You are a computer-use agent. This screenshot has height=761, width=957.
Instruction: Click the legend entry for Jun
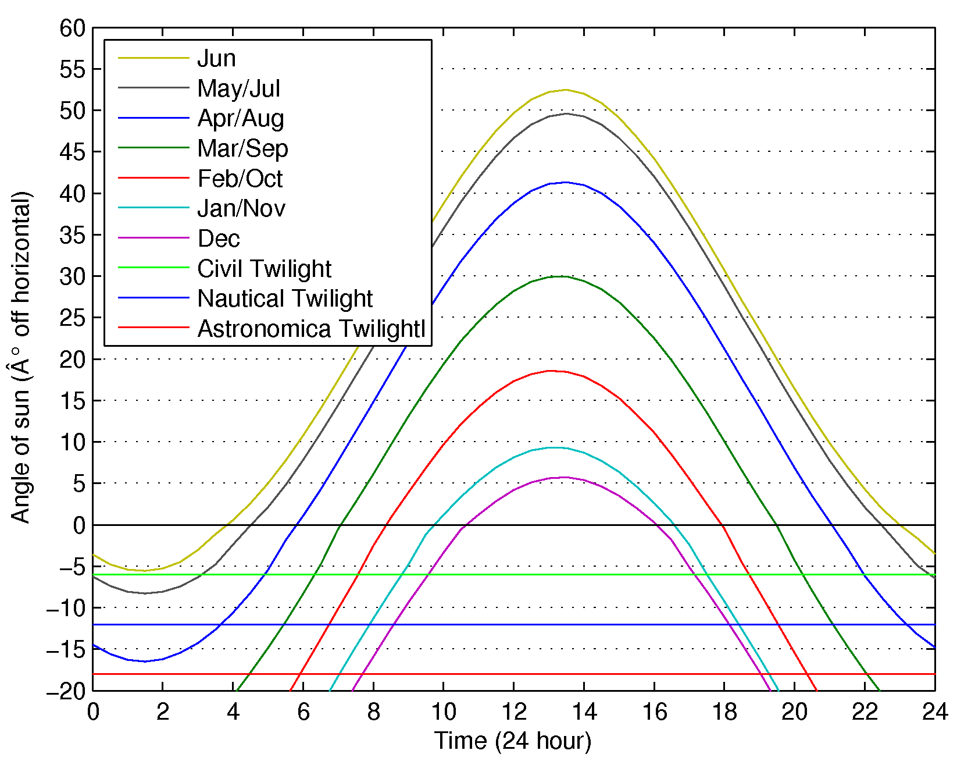pos(216,58)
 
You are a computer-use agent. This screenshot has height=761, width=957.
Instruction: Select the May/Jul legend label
pos(238,88)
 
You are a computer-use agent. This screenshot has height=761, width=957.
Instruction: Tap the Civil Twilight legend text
pos(264,269)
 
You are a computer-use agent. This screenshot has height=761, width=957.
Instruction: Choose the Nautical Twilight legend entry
pos(285,298)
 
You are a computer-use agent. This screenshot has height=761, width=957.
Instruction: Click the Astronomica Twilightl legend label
pos(312,329)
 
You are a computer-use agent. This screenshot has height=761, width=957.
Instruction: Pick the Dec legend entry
pos(219,239)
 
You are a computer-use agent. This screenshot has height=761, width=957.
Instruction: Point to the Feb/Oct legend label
pos(240,179)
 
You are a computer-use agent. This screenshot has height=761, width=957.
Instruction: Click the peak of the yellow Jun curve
pos(566,90)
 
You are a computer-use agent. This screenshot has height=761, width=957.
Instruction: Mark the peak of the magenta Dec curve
pos(564,477)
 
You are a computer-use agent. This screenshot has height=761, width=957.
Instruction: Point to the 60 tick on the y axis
pos(73,28)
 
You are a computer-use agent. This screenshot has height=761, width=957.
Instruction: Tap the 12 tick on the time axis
pos(513,712)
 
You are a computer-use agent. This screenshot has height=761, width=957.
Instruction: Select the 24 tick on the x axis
pos(934,712)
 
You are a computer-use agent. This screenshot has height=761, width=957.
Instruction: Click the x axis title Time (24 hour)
pos(513,741)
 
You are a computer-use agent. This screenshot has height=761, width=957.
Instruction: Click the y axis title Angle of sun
pos(21,357)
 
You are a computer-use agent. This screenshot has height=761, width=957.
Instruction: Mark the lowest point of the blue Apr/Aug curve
pos(145,662)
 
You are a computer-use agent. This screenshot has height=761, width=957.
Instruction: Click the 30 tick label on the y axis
pos(73,276)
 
